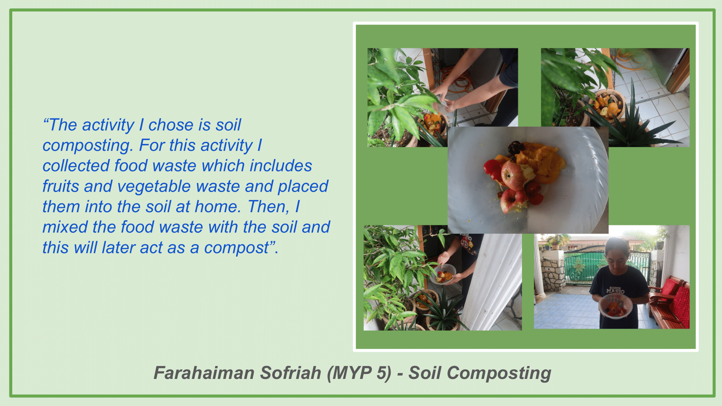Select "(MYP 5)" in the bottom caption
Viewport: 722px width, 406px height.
pyautogui.click(x=359, y=373)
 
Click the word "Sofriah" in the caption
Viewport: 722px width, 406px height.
pyautogui.click(x=291, y=373)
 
